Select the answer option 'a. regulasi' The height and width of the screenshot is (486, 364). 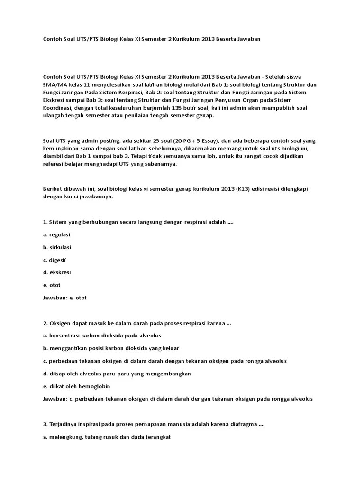(56, 234)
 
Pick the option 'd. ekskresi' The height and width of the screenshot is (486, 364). (57, 272)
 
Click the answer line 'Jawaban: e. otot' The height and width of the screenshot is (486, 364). (65, 298)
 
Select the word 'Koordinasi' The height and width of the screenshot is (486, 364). (57, 108)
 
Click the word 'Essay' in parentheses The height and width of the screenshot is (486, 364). (209, 141)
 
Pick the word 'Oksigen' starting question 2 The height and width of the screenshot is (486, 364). (61, 323)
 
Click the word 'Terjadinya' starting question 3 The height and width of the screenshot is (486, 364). (64, 424)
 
